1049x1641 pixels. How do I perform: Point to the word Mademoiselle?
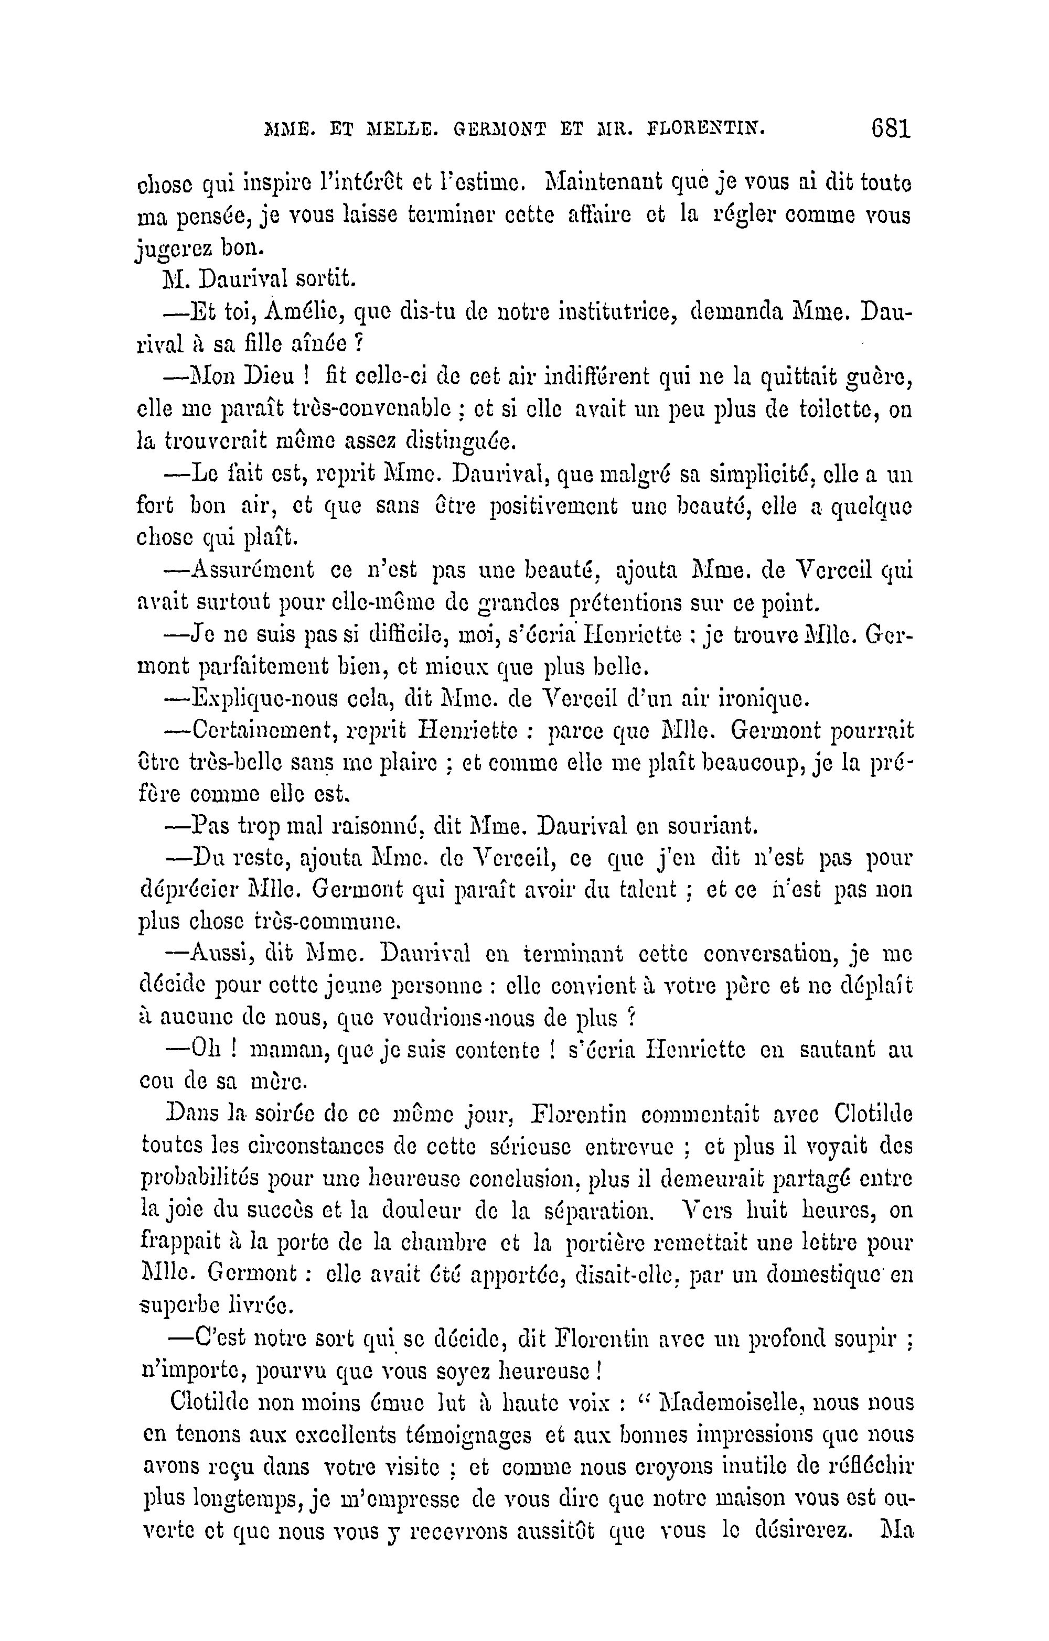pos(730,1403)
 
